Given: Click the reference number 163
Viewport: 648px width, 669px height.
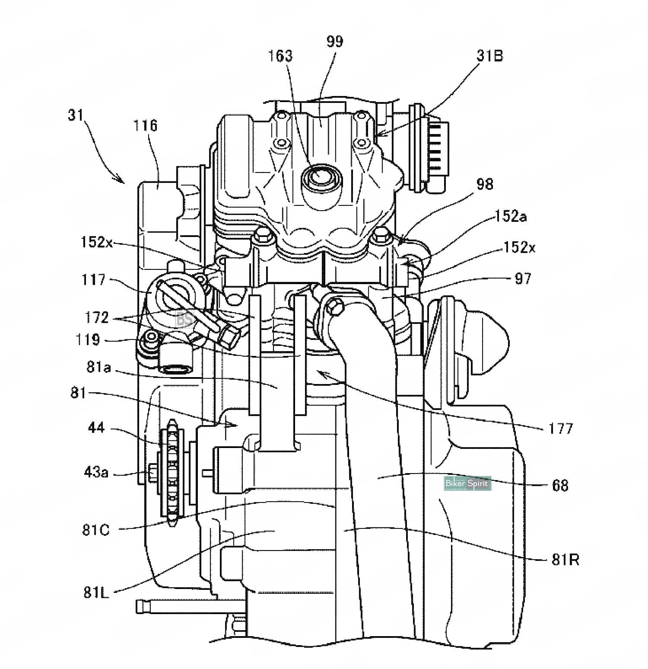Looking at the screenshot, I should point(281,56).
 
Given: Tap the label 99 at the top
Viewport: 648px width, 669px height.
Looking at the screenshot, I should point(335,42).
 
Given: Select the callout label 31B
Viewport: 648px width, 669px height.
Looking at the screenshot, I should point(489,56).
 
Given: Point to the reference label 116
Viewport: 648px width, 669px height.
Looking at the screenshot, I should point(146,126).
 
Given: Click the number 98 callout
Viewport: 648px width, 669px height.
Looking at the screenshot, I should point(484,184).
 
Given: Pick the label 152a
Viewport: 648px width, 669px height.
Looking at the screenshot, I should point(511,216).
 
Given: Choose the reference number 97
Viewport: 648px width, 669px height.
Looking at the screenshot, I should point(523,278).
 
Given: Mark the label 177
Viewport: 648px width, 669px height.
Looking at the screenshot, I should point(561,429).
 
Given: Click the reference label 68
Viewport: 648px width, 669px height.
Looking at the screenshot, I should point(560,485).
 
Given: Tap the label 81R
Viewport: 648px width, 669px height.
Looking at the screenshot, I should point(565,560).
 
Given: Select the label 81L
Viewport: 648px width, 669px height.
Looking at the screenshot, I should point(96,592).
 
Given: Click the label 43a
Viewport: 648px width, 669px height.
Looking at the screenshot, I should point(96,472).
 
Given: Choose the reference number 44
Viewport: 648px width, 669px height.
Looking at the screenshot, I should point(96,428).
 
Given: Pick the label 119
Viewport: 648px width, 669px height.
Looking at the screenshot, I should point(88,340).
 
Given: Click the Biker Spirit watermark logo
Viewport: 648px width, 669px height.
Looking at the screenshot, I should point(468,483).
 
